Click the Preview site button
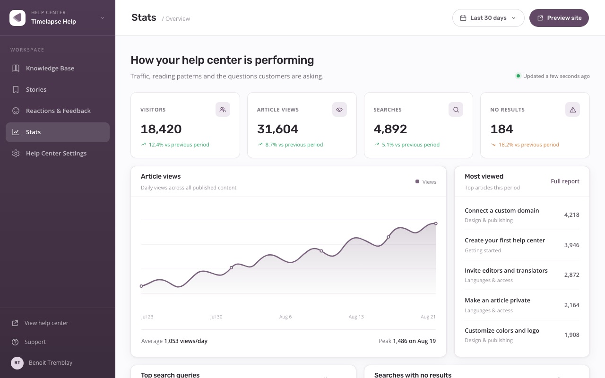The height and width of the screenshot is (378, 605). [x=559, y=18]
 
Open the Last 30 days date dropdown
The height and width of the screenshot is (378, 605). [x=488, y=18]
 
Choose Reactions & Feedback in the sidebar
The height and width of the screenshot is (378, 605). [x=58, y=111]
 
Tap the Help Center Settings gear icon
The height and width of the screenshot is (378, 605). [x=16, y=154]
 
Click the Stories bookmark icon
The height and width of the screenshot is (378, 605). [x=16, y=89]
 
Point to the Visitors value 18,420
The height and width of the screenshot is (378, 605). [x=161, y=129]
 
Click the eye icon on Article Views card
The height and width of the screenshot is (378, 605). [x=339, y=109]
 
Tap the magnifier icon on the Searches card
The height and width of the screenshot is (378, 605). [x=456, y=109]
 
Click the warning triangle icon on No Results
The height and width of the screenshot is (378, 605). [x=572, y=109]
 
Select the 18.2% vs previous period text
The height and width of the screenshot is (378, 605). [x=528, y=145]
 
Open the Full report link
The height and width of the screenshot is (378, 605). [x=565, y=181]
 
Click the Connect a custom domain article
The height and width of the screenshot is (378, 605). [x=501, y=211]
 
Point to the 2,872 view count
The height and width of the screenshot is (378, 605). [x=571, y=275]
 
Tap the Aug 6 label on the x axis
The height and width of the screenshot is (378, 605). [x=285, y=317]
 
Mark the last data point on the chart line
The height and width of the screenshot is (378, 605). [x=436, y=223]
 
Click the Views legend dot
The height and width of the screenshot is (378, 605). [x=417, y=181]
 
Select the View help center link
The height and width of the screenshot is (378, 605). [x=46, y=323]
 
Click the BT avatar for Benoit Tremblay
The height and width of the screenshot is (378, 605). [x=17, y=363]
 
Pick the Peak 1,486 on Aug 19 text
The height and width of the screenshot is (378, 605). [x=407, y=341]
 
